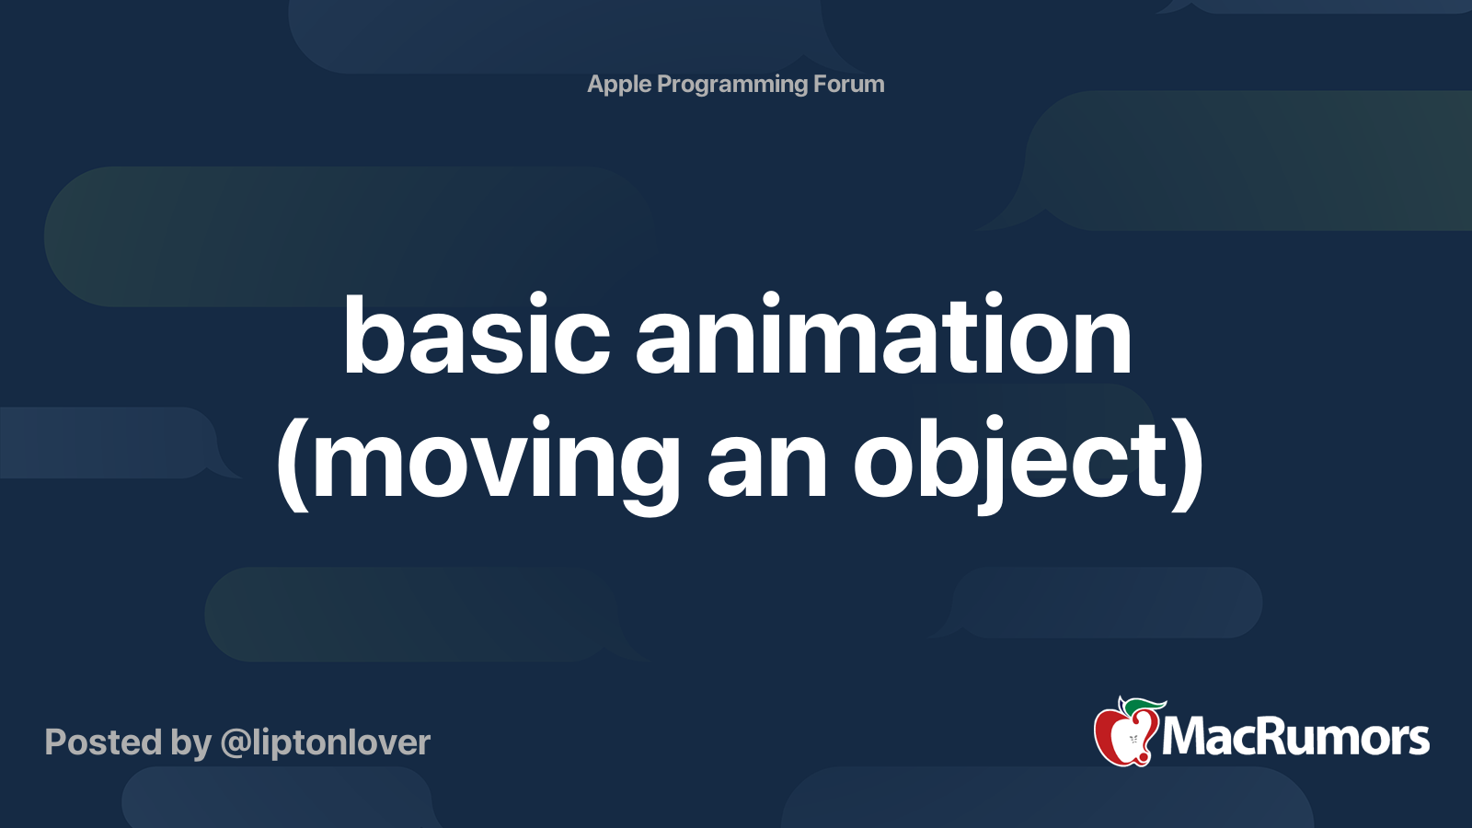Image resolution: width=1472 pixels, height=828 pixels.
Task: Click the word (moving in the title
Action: coord(478,465)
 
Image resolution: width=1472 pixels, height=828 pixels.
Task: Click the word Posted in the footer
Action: coord(103,742)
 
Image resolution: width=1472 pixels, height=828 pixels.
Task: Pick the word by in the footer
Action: coord(191,745)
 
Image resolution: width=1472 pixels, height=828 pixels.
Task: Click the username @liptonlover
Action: coord(326,744)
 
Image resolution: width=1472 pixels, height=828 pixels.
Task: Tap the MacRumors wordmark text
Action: coord(1295,737)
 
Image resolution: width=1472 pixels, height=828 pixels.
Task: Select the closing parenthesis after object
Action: coord(1188,465)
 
